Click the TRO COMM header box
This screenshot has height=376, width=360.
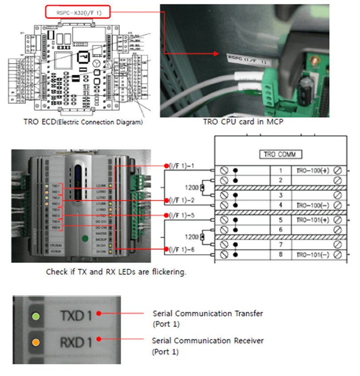(281, 154)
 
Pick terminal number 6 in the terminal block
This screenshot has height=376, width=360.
(281, 230)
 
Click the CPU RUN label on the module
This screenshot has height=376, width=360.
(55, 245)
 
